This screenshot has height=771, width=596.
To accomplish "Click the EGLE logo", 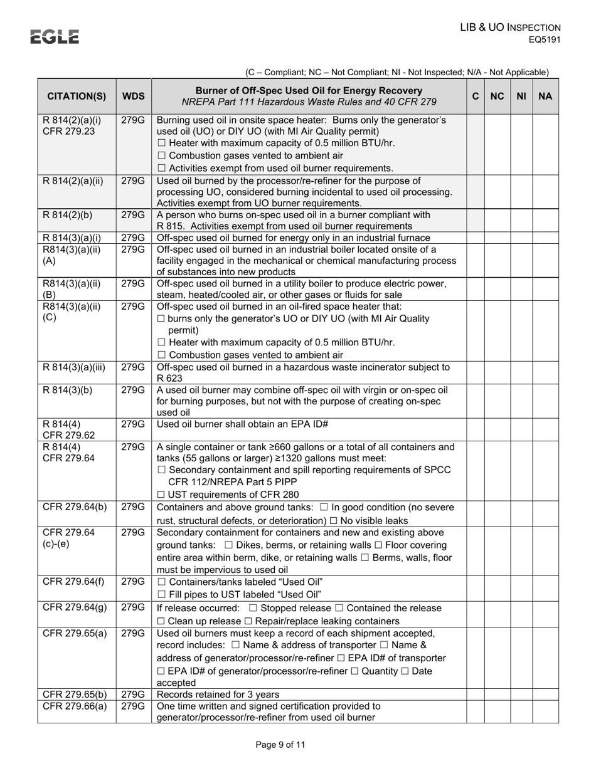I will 55,37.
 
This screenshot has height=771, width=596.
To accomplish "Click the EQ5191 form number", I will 543,39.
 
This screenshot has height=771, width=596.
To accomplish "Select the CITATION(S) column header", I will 77,97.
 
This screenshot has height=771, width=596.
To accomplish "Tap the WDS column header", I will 133,97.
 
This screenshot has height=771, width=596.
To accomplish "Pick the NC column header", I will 497,97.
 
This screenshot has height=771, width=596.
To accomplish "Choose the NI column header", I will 521,97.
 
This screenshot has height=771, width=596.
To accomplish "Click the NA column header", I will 545,97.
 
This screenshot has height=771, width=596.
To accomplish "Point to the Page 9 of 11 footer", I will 280,745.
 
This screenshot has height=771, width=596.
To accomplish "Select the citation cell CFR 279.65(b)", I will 75,694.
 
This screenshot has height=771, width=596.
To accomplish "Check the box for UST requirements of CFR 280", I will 161,495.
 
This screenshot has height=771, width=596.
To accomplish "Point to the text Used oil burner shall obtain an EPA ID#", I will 242,424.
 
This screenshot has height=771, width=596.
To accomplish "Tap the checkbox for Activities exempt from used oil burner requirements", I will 161,168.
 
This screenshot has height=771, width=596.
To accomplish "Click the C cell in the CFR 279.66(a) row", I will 475,711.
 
